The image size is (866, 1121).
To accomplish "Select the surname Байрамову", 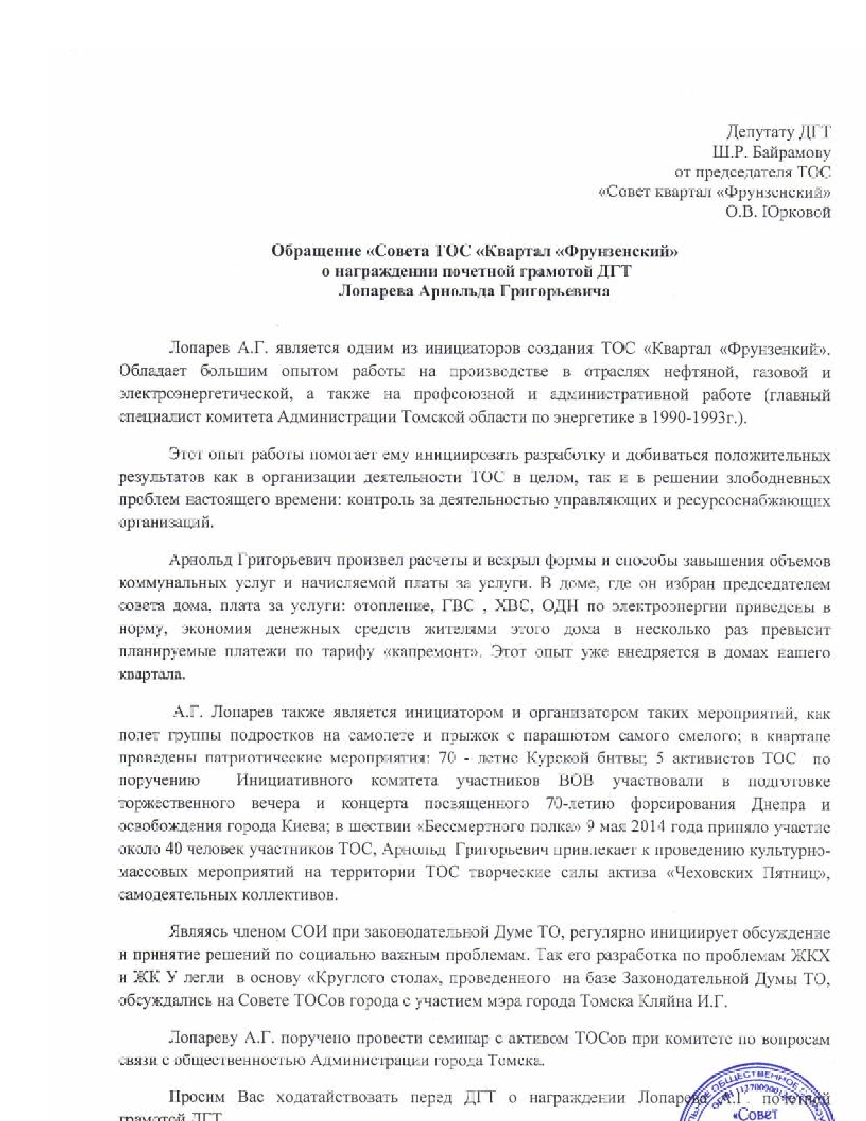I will (x=795, y=153).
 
